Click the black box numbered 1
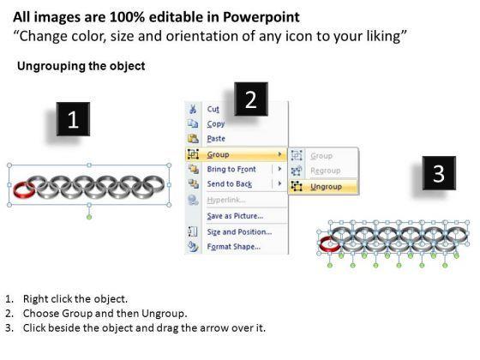pos(73,119)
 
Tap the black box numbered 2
pos(251,99)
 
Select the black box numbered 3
pos(439,173)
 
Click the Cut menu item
pos(213,109)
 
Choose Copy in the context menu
pos(216,124)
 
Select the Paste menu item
pos(216,138)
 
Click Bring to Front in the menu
pos(231,169)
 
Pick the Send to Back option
pos(230,183)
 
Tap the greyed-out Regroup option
pos(326,171)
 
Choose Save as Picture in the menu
pos(235,216)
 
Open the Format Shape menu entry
pos(234,247)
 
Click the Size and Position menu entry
pos(239,231)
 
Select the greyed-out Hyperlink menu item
pos(226,200)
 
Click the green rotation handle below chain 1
pos(89,217)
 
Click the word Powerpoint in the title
pos(261,17)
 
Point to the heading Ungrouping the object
pos(81,66)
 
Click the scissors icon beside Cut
pos(193,109)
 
